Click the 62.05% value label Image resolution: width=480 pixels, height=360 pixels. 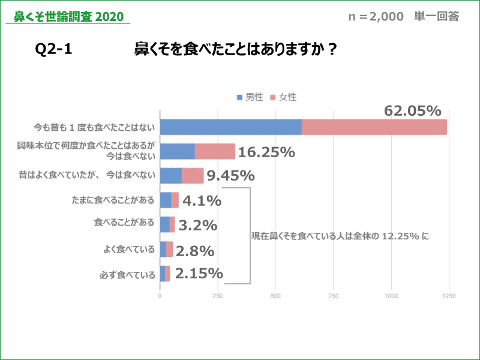[x=412, y=111]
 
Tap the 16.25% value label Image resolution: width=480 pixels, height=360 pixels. [x=266, y=152]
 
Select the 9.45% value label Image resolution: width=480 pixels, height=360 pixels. [x=230, y=176]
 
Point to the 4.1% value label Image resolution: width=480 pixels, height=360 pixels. [x=202, y=200]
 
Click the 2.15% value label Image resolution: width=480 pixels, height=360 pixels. [x=199, y=274]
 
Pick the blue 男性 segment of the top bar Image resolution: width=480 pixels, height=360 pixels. [x=231, y=127]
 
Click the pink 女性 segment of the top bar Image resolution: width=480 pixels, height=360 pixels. [x=374, y=127]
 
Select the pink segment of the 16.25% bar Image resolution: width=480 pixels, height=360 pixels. [x=215, y=151]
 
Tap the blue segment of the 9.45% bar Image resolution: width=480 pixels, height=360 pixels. [x=171, y=176]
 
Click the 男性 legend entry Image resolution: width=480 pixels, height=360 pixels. [x=250, y=97]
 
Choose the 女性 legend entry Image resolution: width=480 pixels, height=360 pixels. [x=283, y=97]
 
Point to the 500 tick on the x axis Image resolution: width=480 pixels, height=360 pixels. [x=276, y=296]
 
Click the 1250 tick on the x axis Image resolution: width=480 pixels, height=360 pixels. [x=449, y=296]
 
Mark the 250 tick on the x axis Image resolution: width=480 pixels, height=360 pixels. [x=218, y=296]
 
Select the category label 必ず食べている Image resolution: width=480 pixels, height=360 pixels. [x=127, y=275]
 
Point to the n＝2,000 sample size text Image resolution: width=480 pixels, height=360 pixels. [x=376, y=17]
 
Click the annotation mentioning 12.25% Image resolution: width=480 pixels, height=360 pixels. [x=340, y=236]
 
